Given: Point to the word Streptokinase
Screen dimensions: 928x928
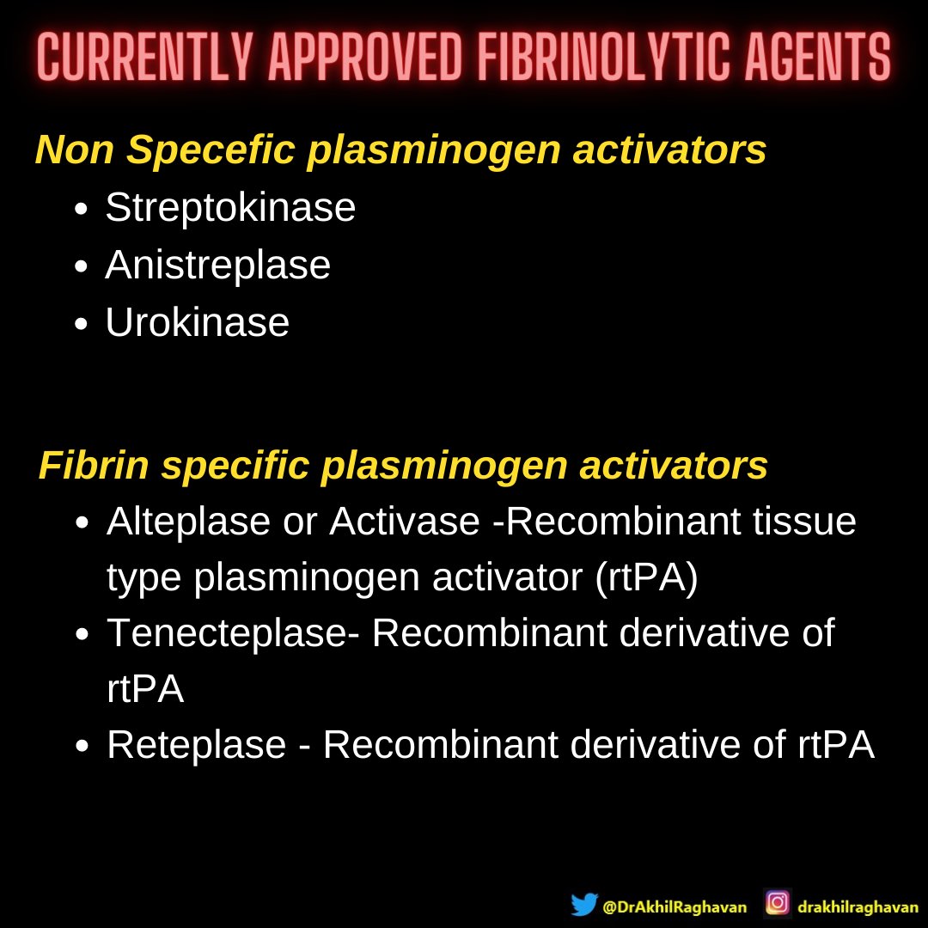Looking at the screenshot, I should point(230,208).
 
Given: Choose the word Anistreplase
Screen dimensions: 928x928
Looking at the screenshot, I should point(217,266).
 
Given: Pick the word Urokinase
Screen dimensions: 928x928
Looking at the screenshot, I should point(197,323).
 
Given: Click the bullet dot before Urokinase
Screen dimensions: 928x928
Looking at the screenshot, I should point(82,325).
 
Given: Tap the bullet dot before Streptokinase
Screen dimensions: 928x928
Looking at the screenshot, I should point(82,210).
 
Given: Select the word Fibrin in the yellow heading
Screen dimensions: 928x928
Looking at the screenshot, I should point(93,467).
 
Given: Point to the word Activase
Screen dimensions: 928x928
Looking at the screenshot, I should point(404,522).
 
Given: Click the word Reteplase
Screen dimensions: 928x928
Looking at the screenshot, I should point(197,745).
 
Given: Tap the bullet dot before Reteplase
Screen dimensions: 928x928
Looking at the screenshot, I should point(82,747).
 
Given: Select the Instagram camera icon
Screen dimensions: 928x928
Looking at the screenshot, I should point(778,903).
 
